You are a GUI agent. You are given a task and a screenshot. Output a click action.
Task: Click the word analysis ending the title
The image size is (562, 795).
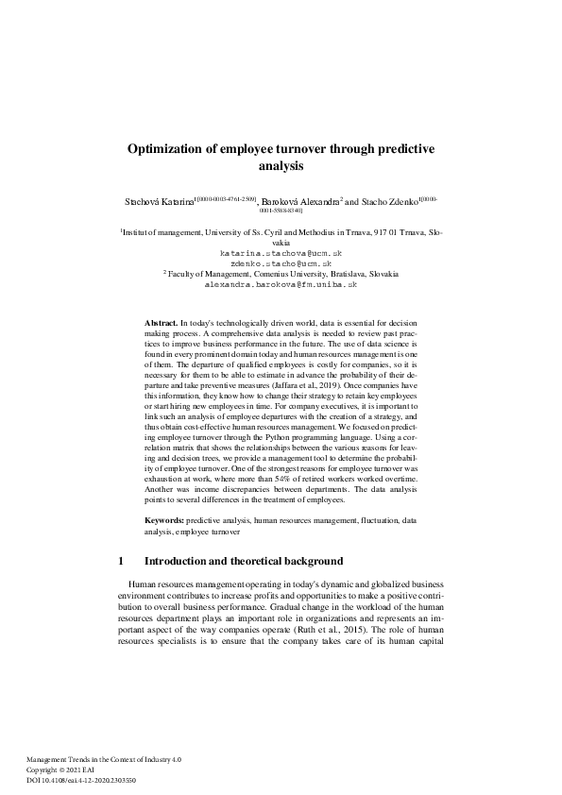point(281,166)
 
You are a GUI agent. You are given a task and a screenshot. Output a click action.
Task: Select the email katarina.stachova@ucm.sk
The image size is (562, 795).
point(281,254)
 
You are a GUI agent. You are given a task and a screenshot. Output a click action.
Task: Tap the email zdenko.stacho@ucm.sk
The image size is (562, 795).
point(281,264)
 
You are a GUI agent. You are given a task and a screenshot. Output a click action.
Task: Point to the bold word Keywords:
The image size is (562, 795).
point(164,520)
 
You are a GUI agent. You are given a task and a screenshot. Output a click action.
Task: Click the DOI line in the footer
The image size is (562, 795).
point(81,781)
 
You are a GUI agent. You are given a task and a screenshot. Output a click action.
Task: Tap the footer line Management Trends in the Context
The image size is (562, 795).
point(103,759)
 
